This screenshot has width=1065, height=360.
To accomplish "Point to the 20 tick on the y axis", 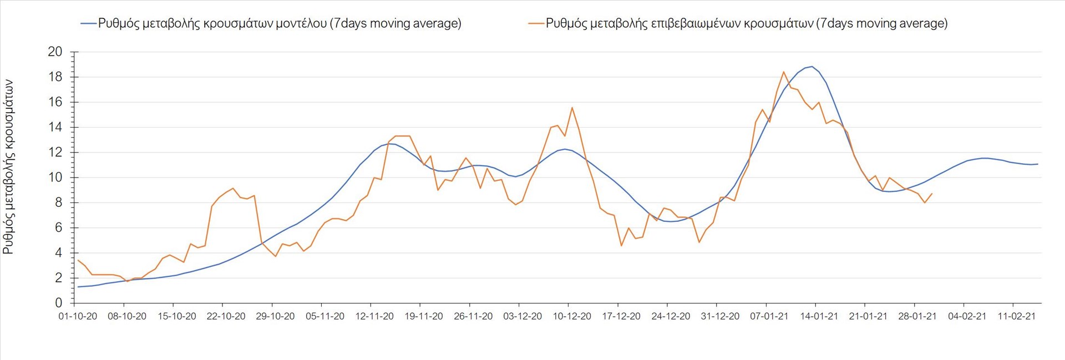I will click(55, 52).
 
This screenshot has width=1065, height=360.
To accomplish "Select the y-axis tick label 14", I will click(55, 127).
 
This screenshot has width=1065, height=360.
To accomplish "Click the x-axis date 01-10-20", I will click(78, 316).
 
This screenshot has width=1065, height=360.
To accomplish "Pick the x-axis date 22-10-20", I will click(226, 316).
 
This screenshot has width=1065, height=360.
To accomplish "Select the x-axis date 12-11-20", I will click(374, 316).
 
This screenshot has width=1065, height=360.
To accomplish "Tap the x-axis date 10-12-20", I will click(572, 316).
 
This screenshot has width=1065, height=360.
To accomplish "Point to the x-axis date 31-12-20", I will click(720, 316).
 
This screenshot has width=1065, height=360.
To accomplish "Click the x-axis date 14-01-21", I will click(819, 316).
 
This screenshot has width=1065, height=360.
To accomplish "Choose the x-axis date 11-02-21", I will click(1016, 316).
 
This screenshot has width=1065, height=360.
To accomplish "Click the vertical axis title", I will click(8, 166).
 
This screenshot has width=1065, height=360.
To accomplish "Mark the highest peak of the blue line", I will click(812, 67).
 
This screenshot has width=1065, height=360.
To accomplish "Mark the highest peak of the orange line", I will click(784, 72).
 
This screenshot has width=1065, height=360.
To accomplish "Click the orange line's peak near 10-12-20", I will click(572, 108).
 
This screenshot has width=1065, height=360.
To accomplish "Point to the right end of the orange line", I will click(932, 194).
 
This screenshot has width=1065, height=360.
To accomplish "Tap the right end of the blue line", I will click(1037, 164).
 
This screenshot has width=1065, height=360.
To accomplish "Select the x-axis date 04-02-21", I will click(967, 316).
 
